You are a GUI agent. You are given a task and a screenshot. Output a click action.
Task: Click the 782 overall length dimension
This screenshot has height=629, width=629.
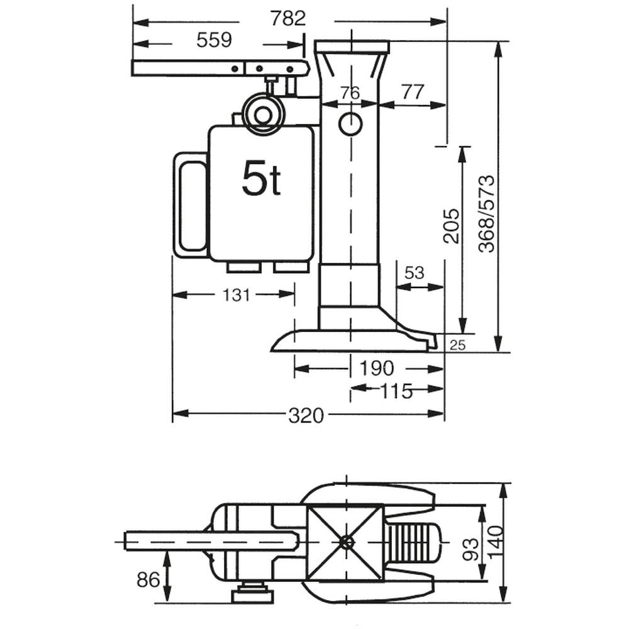(x=287, y=19)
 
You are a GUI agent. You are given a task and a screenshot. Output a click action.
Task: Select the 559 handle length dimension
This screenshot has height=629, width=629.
(x=214, y=40)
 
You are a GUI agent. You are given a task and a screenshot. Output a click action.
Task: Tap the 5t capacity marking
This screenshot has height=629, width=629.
(x=261, y=180)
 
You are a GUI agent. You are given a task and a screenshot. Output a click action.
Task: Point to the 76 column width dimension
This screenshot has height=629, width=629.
(x=350, y=93)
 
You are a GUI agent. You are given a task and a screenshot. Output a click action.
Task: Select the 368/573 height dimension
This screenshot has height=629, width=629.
(x=486, y=214)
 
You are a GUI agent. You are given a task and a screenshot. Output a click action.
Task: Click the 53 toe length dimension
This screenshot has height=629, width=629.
(x=415, y=273)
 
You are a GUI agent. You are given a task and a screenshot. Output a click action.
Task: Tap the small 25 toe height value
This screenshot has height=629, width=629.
(x=457, y=344)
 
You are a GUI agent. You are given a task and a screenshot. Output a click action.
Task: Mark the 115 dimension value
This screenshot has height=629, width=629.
(x=396, y=391)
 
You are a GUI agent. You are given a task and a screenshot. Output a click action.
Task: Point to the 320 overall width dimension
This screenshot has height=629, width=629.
(x=306, y=415)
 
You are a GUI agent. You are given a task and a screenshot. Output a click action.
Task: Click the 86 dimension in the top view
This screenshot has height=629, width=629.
(x=148, y=579)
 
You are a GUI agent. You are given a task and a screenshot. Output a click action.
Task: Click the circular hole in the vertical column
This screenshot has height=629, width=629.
(x=350, y=124)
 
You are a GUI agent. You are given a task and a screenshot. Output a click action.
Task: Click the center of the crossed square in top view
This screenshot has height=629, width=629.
(x=345, y=542)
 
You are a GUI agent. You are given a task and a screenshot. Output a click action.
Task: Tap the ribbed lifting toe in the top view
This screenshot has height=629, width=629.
(x=409, y=542)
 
